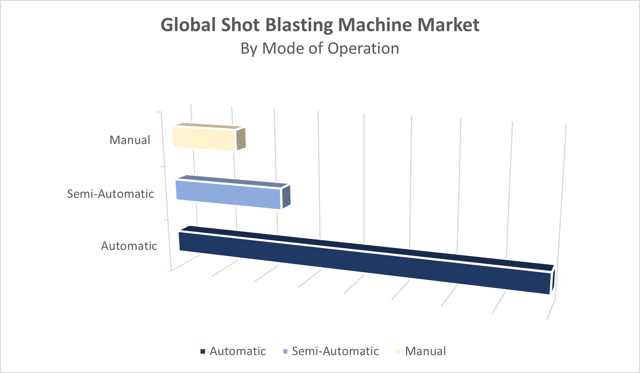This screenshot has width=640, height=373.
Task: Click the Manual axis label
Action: point(130,140)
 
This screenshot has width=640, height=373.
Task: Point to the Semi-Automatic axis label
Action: point(110,194)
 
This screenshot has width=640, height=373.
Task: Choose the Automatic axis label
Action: point(129,246)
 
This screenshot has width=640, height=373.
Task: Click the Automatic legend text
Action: point(238,351)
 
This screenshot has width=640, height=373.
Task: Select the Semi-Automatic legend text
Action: point(335,351)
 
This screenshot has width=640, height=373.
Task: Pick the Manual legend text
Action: point(425,351)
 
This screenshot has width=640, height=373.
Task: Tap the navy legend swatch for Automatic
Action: point(203,351)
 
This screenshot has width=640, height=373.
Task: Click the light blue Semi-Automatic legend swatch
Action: point(285,351)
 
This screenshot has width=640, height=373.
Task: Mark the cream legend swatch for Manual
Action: point(398,351)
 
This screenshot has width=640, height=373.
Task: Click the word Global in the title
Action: point(188,25)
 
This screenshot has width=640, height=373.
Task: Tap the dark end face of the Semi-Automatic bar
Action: point(286,197)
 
